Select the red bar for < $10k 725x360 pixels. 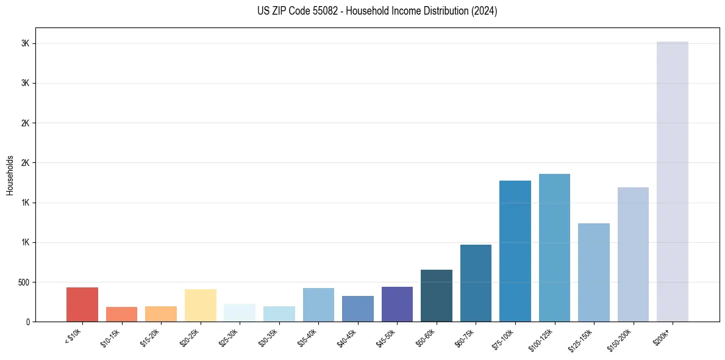(82, 304)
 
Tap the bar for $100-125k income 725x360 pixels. (554, 248)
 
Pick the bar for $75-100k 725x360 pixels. (515, 251)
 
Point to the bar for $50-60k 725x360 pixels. (437, 295)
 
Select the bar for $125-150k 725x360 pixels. (593, 272)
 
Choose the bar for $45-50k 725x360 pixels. (397, 304)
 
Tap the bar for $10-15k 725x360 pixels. (121, 314)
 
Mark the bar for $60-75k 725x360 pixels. (476, 283)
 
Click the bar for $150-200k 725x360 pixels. (633, 254)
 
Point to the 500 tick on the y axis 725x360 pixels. (24, 283)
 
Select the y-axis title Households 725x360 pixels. (10, 175)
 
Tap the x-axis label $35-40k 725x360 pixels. (309, 337)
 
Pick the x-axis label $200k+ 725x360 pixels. (663, 336)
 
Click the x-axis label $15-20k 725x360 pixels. (151, 337)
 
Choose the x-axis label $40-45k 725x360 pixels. (348, 337)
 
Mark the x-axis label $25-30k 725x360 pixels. (229, 337)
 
